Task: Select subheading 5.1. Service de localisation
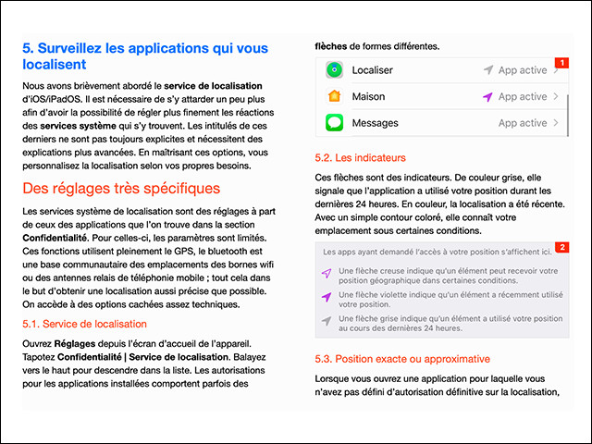(x=84, y=324)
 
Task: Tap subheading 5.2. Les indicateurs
(x=355, y=158)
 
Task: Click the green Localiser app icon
(x=334, y=70)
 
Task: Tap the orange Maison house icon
(x=334, y=96)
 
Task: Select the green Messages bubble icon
(x=334, y=122)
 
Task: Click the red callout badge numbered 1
(x=560, y=63)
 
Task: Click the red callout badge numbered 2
(x=560, y=249)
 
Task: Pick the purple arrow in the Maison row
(x=487, y=96)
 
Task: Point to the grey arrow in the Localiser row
(x=487, y=70)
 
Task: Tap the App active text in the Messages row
(x=523, y=122)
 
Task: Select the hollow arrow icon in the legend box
(x=326, y=274)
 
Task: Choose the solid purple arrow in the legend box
(x=326, y=297)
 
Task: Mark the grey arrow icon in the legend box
(x=326, y=320)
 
